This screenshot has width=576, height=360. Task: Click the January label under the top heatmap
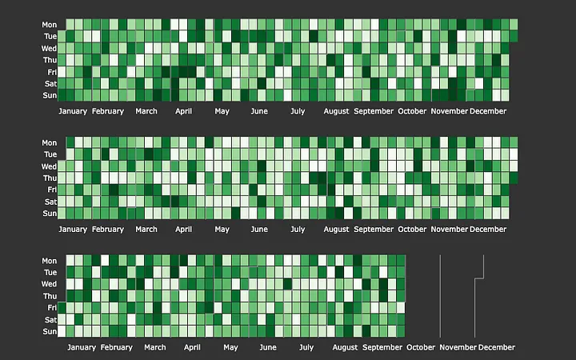click(x=73, y=111)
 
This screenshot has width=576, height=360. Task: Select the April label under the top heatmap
click(x=183, y=111)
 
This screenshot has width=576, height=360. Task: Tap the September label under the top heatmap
click(x=374, y=111)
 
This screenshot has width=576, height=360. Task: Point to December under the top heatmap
click(x=488, y=111)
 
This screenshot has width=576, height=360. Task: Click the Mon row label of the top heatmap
click(x=50, y=25)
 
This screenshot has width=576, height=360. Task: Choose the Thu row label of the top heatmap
click(x=50, y=60)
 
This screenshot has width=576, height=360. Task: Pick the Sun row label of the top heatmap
click(x=50, y=95)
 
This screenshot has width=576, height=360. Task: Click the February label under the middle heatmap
click(x=108, y=229)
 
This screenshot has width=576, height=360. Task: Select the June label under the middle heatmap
click(x=259, y=229)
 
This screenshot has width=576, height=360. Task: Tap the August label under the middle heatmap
click(x=336, y=229)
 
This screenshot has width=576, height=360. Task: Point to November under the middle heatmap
click(x=450, y=229)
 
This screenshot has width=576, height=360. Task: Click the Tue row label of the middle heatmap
click(x=50, y=154)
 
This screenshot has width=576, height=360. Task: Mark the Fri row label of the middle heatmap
click(x=50, y=190)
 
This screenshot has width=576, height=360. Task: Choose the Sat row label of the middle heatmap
click(x=50, y=202)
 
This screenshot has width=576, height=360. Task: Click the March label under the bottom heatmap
click(x=155, y=347)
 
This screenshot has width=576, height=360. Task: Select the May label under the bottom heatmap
click(x=230, y=347)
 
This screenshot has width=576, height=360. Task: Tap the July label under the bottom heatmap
click(x=306, y=347)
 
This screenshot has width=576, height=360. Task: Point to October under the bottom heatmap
click(x=421, y=347)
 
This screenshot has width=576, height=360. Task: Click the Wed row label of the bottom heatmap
click(x=50, y=284)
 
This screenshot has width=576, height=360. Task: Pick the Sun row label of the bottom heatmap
click(x=50, y=331)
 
